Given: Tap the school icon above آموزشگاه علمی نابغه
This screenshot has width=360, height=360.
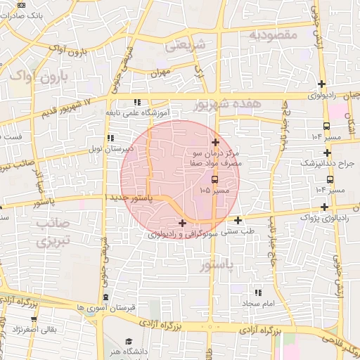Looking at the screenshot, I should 146,103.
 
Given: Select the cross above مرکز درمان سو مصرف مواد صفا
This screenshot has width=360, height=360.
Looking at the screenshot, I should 215,142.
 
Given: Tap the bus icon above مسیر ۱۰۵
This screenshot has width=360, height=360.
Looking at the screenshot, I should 214,179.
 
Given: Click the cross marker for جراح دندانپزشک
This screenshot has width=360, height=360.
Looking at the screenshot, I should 327,152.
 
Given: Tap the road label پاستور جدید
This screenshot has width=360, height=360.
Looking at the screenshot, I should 137,199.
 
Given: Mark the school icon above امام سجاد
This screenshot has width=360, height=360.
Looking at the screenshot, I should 258,292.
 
